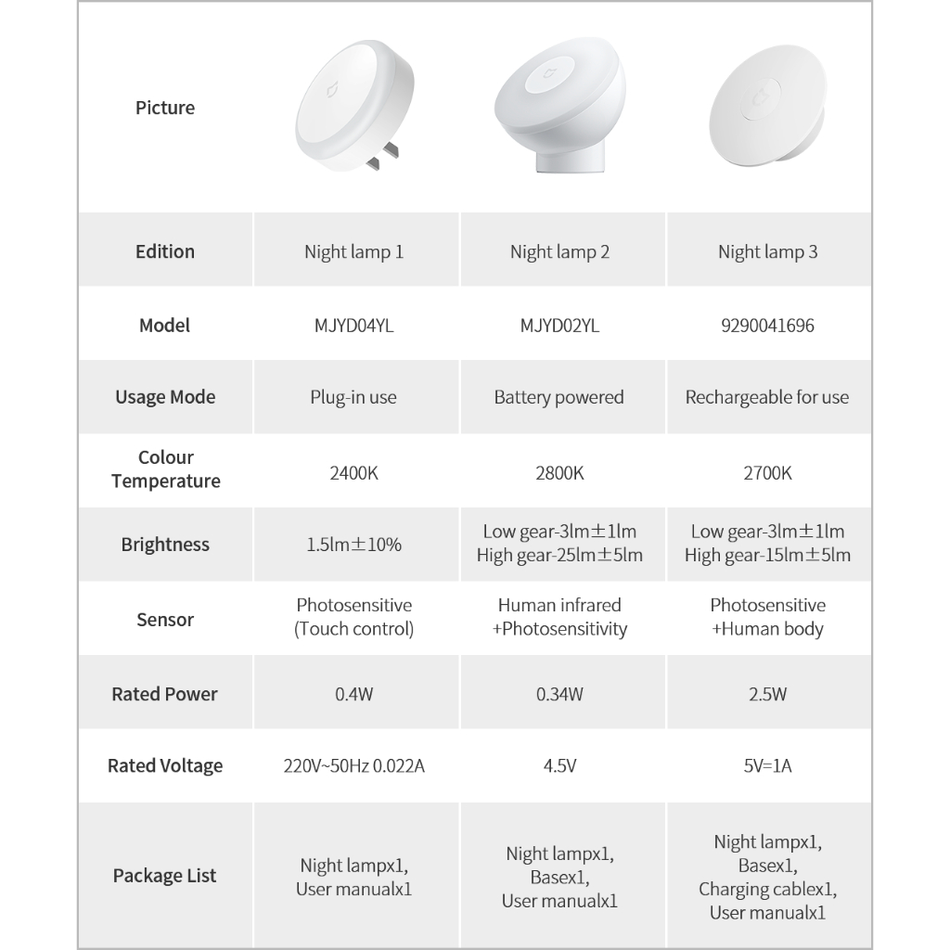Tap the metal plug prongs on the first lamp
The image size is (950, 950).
pos(380,156)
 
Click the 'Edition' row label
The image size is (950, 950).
pos(165,251)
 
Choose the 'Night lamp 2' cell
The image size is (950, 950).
pos(559,251)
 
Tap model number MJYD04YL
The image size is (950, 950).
pos(353,326)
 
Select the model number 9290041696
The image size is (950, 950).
pos(767,326)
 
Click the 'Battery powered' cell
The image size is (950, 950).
pos(558,398)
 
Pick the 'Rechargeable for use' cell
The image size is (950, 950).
pos(767,398)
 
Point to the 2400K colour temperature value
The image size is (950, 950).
pos(353,473)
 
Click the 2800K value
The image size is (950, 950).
pos(559,473)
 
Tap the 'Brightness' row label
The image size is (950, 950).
pos(165,545)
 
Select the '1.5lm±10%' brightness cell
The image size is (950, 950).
pos(353,545)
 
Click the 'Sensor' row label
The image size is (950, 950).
pos(165,620)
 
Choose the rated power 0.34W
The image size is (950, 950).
pos(559,694)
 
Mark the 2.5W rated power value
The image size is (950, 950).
pos(767,694)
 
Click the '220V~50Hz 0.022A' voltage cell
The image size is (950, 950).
pos(353,766)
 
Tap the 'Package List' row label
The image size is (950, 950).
pos(165,876)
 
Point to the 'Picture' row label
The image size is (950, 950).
pos(165,109)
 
